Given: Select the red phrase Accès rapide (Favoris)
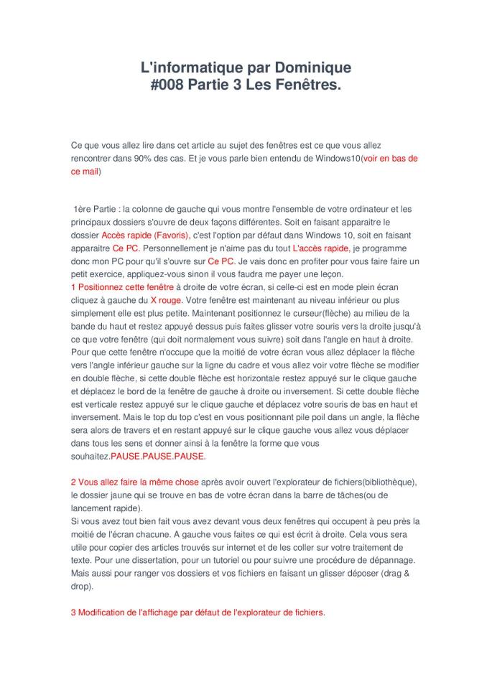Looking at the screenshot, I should pos(145,235).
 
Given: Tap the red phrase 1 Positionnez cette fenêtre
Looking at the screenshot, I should pos(122,286).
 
